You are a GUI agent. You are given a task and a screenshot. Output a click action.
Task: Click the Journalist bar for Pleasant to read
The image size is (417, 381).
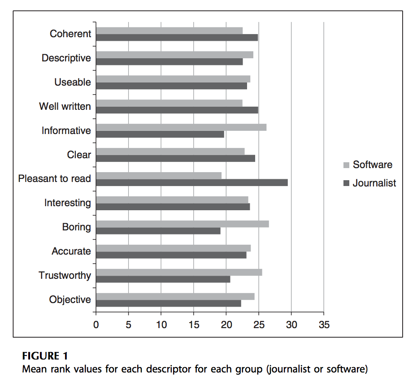192,182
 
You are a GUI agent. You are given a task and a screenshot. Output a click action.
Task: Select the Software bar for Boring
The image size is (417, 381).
182,224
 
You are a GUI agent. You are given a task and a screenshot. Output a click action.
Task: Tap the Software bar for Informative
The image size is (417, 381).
181,127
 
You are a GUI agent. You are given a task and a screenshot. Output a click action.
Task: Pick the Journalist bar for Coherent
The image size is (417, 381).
177,38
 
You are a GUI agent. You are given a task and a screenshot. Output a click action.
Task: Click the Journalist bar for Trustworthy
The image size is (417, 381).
163,279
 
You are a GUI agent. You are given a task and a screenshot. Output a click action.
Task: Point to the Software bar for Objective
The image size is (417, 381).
175,296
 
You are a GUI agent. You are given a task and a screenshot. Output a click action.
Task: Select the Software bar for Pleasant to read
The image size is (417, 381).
159,175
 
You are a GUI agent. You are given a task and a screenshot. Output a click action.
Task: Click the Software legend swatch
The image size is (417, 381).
346,165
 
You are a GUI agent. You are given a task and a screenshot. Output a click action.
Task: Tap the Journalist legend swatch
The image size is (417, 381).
346,183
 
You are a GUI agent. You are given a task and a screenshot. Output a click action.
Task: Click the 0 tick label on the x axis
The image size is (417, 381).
96,325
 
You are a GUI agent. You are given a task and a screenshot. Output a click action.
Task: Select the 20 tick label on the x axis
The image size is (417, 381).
226,325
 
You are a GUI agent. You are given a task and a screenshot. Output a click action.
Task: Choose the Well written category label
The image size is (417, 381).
65,107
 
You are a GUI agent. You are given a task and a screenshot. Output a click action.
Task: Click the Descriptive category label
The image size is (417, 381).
66,58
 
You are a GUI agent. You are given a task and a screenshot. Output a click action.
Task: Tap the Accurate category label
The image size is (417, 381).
71,251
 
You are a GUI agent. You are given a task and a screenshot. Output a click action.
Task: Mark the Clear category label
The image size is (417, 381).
79,155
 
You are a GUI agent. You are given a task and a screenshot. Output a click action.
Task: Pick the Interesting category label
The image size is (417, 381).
68,203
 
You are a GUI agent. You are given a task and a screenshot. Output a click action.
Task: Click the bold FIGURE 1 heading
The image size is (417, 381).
45,356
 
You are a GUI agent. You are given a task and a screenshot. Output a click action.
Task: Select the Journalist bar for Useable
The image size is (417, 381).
171,86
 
